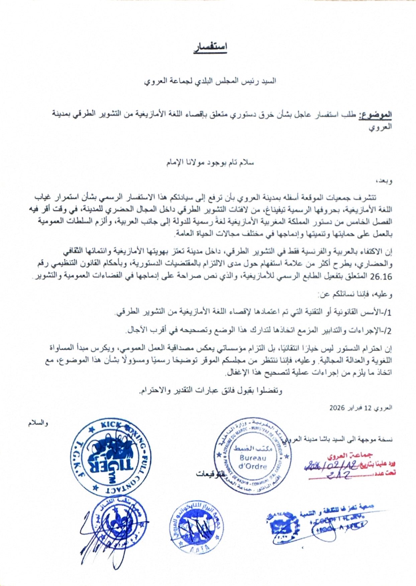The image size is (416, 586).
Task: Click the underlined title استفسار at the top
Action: point(211,47)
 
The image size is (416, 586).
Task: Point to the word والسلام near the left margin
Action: point(38,423)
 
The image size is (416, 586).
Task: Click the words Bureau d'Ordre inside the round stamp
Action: point(253,462)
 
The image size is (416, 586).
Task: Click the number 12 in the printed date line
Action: point(368,408)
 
